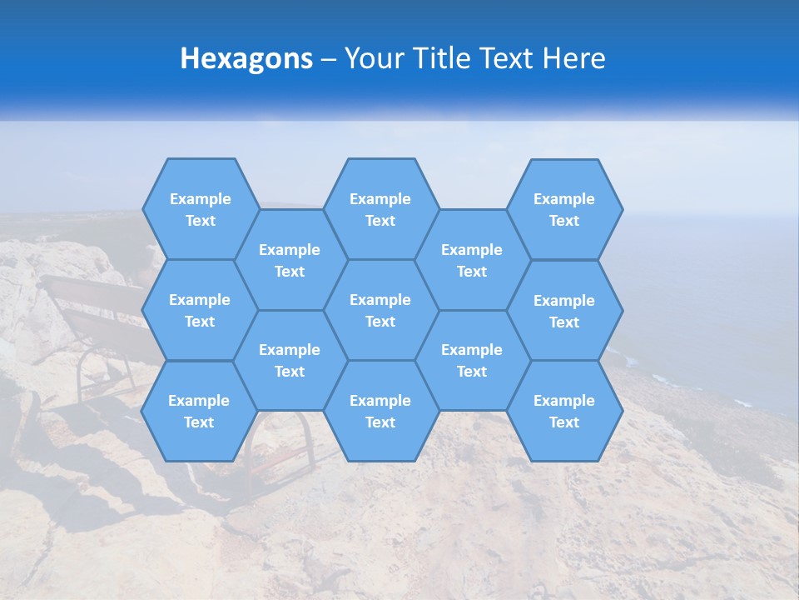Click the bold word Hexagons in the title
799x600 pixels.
(246, 58)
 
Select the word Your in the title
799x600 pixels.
(372, 58)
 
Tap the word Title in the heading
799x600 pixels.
(436, 58)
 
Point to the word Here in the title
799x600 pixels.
(574, 58)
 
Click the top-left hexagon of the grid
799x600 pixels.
(200, 209)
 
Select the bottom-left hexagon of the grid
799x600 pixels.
(200, 411)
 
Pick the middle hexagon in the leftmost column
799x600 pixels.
(200, 310)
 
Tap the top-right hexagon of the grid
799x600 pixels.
(564, 209)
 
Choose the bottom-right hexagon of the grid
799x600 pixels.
(564, 411)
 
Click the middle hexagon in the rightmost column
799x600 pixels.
(564, 311)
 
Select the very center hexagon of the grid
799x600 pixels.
(380, 310)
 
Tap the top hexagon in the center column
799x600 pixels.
(380, 209)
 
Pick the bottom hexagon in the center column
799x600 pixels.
(380, 411)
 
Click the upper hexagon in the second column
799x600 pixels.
(290, 260)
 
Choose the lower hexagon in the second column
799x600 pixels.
(290, 360)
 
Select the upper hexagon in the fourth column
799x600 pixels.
(472, 260)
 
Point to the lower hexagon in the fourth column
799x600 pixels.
(472, 360)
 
